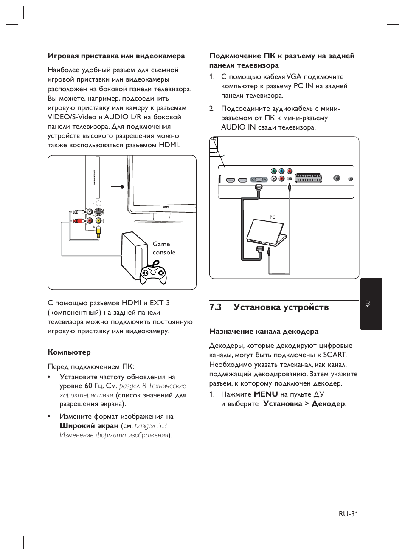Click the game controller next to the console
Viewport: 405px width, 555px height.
[x=153, y=274]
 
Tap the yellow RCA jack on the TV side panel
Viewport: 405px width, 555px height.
[x=98, y=220]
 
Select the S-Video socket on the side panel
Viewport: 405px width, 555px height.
[x=98, y=211]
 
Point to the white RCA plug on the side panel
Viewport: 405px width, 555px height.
[x=77, y=211]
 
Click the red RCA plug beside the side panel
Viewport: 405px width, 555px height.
[x=77, y=220]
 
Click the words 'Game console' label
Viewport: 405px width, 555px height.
[x=164, y=248]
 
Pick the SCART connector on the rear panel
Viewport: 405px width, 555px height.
[x=309, y=178]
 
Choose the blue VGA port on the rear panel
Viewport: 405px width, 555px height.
[x=258, y=180]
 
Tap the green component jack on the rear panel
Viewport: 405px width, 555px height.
[x=274, y=171]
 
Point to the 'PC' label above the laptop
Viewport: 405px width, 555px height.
[x=273, y=217]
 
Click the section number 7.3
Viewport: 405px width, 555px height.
[x=216, y=307]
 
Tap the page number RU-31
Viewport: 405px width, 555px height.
[x=349, y=514]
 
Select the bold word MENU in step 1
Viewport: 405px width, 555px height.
[x=266, y=394]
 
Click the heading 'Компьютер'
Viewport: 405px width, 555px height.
[x=69, y=352]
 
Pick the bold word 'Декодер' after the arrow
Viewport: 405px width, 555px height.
[x=328, y=403]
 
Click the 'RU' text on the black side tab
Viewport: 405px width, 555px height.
[x=368, y=304]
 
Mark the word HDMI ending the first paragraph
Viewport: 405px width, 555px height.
[x=169, y=145]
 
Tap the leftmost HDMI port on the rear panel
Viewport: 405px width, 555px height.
[x=231, y=180]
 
